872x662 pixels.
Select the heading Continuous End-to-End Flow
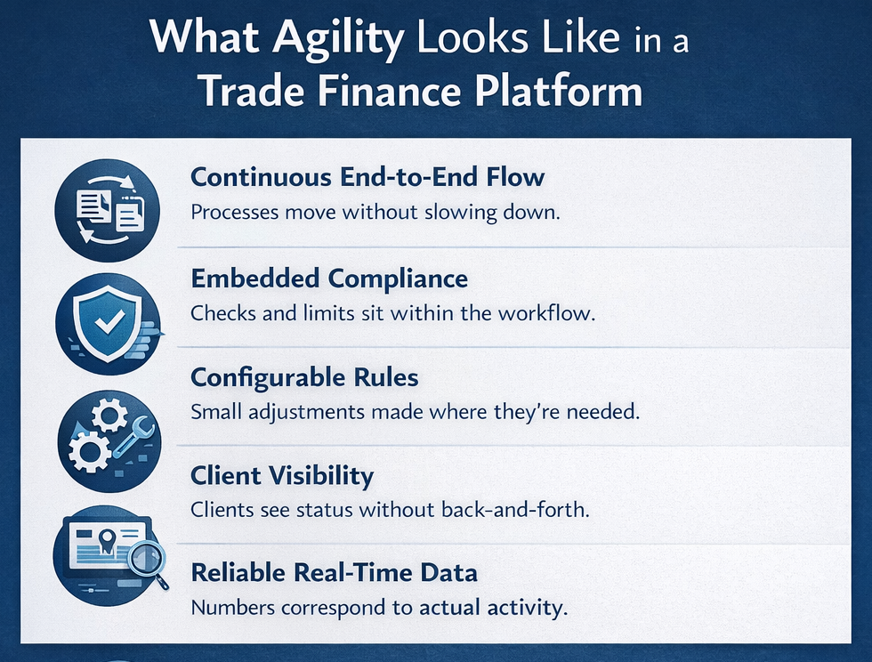[x=367, y=177]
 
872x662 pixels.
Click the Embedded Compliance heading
[x=329, y=279]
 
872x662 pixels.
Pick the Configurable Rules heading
[x=304, y=377]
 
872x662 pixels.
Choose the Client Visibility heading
[x=282, y=475]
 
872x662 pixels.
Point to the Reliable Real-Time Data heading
[x=334, y=574]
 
